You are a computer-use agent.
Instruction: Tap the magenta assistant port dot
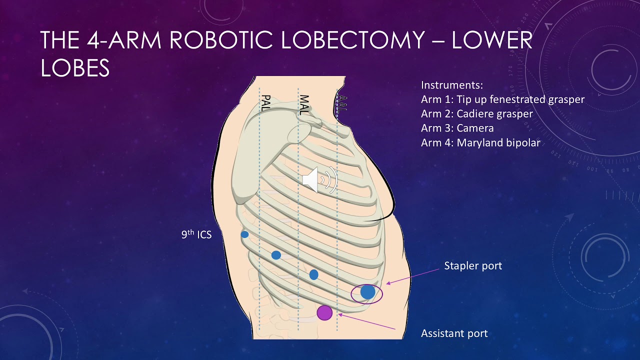tap(324, 312)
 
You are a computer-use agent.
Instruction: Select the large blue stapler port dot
tap(367, 291)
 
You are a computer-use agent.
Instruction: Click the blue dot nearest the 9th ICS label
tap(244, 234)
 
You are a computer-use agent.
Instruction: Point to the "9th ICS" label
tap(196, 234)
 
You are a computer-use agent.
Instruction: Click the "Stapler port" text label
tap(473, 265)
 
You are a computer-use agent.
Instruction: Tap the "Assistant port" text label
tap(454, 333)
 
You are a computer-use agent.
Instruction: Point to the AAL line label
tap(342, 103)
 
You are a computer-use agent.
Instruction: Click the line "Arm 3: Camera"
tap(457, 128)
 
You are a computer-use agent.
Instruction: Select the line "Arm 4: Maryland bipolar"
tap(480, 142)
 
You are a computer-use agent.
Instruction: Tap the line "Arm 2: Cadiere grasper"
tap(477, 113)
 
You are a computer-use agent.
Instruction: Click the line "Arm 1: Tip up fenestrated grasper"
tap(502, 99)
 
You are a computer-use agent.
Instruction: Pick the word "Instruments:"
tap(452, 85)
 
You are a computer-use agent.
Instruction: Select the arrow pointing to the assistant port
tap(367, 321)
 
